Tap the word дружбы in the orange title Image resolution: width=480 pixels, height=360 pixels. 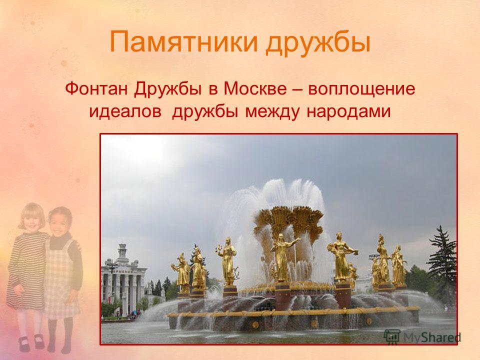click(x=318, y=43)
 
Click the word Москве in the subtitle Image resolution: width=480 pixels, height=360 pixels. click(x=255, y=89)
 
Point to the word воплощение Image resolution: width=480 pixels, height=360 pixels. click(x=361, y=89)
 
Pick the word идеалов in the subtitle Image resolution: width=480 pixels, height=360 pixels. click(x=125, y=111)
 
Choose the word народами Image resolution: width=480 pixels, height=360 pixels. click(x=348, y=111)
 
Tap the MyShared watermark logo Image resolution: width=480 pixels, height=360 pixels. click(x=422, y=337)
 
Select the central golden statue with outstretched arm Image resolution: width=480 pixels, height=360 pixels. click(x=281, y=257)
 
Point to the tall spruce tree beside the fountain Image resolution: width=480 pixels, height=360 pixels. click(x=443, y=261)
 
